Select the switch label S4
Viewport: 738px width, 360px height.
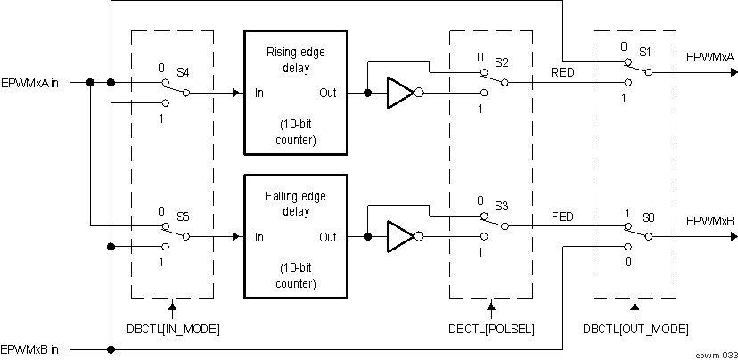183,70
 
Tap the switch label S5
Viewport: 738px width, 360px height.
183,216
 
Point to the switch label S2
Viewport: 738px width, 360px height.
502,62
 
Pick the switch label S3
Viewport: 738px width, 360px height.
502,207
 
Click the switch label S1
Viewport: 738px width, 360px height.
646,53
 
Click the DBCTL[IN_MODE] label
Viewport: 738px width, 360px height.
172,329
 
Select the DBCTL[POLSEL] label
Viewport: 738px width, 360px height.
491,329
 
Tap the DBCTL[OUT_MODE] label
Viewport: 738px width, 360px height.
635,329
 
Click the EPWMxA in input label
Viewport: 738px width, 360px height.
29,83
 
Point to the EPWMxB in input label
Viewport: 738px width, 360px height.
29,348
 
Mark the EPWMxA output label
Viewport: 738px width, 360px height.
709,57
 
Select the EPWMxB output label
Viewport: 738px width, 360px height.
709,220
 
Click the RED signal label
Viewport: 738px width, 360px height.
562,71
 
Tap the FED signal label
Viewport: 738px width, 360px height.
562,217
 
